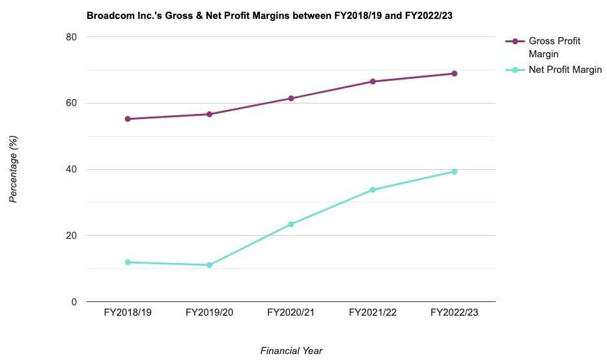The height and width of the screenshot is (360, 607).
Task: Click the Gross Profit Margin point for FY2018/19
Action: tap(128, 119)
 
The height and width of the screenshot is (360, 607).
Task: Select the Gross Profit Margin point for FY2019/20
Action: tap(209, 115)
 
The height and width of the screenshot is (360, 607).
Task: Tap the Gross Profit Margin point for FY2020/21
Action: tap(291, 98)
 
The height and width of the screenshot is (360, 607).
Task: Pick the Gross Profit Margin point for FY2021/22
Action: tap(373, 81)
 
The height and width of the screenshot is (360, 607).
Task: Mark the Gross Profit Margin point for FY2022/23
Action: tap(455, 74)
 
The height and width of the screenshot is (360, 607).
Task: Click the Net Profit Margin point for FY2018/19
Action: tap(128, 262)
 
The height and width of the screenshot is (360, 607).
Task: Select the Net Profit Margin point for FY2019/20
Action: tap(209, 265)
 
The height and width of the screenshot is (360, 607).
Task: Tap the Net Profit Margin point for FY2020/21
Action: tap(291, 224)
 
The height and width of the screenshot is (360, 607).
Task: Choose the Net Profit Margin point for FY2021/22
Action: tap(373, 190)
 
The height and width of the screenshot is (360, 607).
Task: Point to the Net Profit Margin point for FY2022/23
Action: tap(455, 172)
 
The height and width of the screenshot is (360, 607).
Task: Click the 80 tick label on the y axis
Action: tap(71, 37)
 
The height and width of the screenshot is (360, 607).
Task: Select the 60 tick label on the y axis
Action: tap(71, 104)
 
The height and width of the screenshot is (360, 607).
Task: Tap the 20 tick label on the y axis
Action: tap(71, 236)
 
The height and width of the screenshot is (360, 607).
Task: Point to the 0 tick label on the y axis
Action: tap(74, 302)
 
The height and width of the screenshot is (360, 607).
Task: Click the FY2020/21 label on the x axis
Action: tap(291, 313)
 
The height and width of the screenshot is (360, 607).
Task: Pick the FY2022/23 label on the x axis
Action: tap(455, 313)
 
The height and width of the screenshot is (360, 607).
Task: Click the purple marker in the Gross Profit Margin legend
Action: tap(515, 42)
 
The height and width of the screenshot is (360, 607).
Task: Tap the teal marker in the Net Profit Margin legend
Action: tap(515, 70)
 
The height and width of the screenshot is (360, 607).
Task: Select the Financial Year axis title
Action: tap(291, 351)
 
